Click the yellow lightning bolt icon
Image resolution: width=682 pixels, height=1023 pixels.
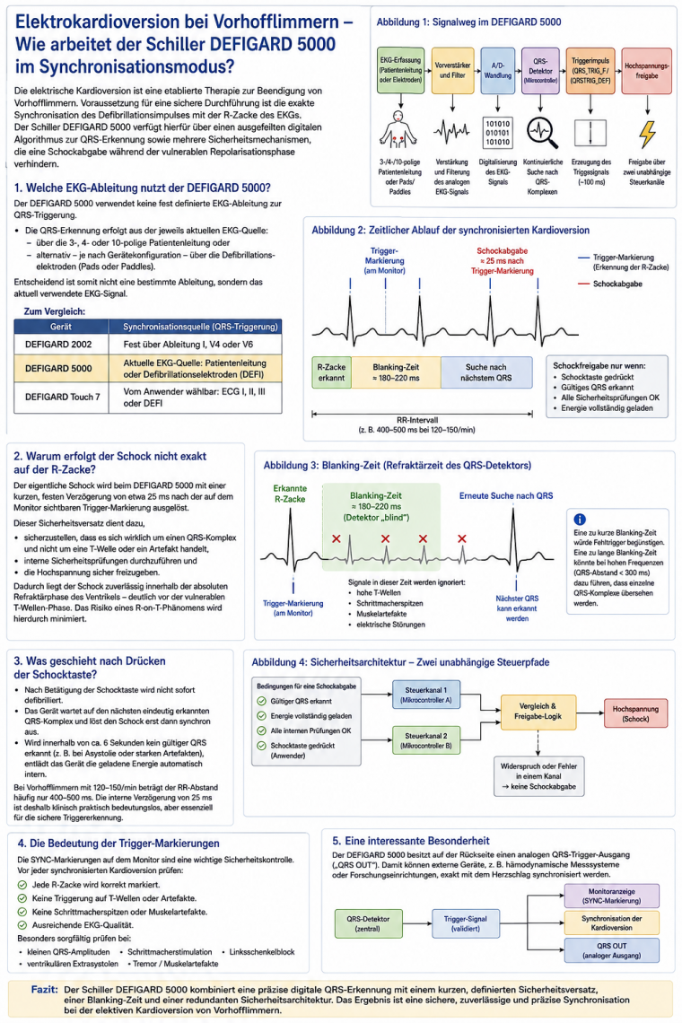tap(647, 134)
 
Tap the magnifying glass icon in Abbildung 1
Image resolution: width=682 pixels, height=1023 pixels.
tap(542, 133)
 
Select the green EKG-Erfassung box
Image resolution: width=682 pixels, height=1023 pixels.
tap(401, 70)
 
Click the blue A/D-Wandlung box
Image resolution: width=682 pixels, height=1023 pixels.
tap(497, 71)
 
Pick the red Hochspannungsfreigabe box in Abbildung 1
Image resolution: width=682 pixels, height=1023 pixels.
tap(646, 71)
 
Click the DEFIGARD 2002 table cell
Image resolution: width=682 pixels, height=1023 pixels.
tap(58, 344)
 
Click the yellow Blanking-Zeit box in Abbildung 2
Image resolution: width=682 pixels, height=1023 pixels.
tap(396, 372)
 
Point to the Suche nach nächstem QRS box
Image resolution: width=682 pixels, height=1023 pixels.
tap(486, 372)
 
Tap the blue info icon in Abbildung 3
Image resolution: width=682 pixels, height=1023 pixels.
tap(579, 520)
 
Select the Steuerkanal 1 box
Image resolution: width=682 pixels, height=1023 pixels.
tap(426, 695)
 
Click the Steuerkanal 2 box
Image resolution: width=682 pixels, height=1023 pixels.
tap(426, 739)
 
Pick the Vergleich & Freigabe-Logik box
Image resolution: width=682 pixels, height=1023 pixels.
tap(538, 711)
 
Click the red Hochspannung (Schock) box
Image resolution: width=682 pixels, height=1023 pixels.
tap(635, 713)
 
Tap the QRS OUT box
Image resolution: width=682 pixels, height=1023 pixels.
tap(611, 950)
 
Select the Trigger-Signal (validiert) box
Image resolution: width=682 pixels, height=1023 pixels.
tap(466, 923)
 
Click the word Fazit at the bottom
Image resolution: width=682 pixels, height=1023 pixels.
tap(44, 989)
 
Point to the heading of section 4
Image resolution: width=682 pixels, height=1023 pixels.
tap(118, 843)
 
